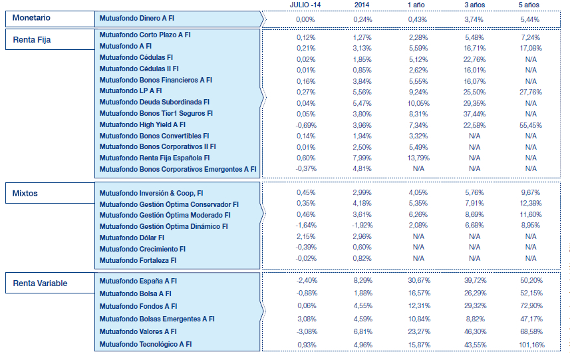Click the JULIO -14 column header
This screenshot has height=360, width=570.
pos(305,5)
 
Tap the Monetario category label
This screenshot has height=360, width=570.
pos(31,18)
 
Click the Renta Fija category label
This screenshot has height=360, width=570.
pos(32,40)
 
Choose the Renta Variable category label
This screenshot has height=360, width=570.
pos(40,283)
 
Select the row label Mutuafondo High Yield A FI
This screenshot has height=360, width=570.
pos(142,124)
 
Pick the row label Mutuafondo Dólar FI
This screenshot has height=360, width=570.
pos(131,238)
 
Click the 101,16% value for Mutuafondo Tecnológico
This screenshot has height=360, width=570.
pos(531,344)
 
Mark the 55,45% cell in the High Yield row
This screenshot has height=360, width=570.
pos(531,124)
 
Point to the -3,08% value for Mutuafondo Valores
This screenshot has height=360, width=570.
pos(305,331)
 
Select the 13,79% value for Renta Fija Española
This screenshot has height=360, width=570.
pos(418,158)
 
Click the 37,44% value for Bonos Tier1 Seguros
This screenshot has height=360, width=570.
pos(474,113)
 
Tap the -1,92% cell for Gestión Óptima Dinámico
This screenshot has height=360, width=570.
pos(362,226)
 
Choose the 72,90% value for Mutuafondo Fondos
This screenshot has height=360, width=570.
pos(531,306)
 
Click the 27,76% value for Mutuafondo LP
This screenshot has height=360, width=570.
pos(531,91)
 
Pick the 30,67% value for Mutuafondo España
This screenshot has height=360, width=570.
pos(418,281)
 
